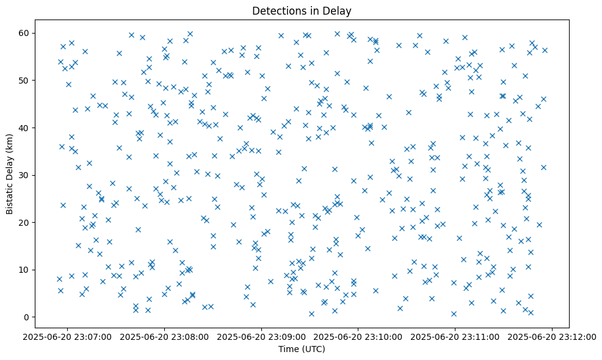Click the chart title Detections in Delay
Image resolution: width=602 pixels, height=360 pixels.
click(301, 11)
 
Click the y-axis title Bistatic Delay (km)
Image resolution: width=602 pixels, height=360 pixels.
click(10, 165)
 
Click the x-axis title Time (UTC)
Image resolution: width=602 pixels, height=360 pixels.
click(301, 349)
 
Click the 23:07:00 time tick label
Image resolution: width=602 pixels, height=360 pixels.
click(68, 336)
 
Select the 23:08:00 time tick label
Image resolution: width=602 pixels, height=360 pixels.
click(165, 336)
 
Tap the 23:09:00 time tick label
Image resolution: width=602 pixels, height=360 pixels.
click(262, 336)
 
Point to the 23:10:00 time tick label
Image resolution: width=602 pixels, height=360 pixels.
click(359, 336)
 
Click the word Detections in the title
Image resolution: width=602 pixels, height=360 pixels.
click(278, 11)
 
